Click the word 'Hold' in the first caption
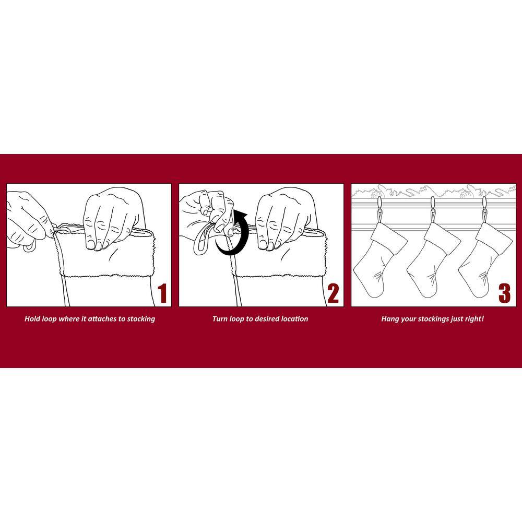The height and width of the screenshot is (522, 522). pyautogui.click(x=32, y=318)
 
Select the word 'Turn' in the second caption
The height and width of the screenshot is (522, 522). pyautogui.click(x=220, y=318)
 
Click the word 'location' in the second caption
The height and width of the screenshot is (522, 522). pyautogui.click(x=294, y=318)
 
